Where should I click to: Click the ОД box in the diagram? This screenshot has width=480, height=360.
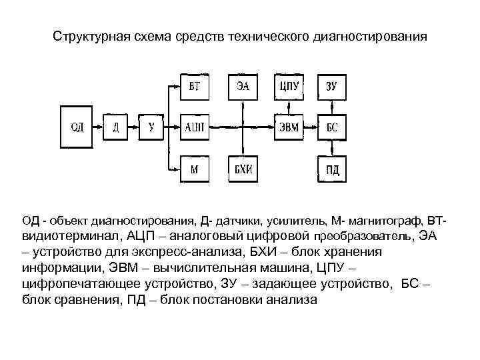pyautogui.click(x=77, y=127)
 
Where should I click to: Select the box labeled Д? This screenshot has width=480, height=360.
pyautogui.click(x=115, y=127)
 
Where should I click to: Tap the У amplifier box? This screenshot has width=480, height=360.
pyautogui.click(x=151, y=127)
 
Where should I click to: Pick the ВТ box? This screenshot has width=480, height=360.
pyautogui.click(x=195, y=87)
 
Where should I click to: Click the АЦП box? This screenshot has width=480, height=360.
pyautogui.click(x=195, y=127)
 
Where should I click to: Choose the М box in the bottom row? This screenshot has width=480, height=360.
pyautogui.click(x=195, y=169)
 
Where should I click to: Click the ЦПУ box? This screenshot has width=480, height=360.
pyautogui.click(x=289, y=87)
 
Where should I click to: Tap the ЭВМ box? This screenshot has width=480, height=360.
pyautogui.click(x=289, y=127)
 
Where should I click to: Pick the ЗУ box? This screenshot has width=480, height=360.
pyautogui.click(x=331, y=87)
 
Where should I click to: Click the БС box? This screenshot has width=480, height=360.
pyautogui.click(x=331, y=127)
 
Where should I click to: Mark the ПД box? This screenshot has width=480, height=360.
pyautogui.click(x=331, y=169)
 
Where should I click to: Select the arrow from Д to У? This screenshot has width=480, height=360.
pyautogui.click(x=133, y=127)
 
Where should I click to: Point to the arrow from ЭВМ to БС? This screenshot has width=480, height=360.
pyautogui.click(x=311, y=127)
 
